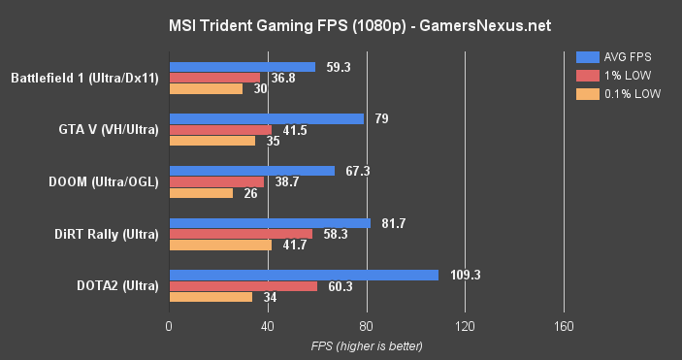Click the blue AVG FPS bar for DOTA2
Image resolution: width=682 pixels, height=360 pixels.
pyautogui.click(x=304, y=275)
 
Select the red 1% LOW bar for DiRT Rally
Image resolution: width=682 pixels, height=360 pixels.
pyautogui.click(x=241, y=234)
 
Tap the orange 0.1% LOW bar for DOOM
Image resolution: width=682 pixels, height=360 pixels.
pyautogui.click(x=201, y=192)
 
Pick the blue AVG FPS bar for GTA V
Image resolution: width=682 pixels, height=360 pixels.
pyautogui.click(x=267, y=118)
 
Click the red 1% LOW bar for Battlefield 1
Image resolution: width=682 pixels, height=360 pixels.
pyautogui.click(x=214, y=78)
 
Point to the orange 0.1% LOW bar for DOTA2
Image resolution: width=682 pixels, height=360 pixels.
pyautogui.click(x=211, y=297)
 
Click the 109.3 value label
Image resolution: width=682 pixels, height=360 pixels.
pyautogui.click(x=466, y=275)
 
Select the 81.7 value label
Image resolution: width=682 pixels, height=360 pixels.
pyautogui.click(x=392, y=223)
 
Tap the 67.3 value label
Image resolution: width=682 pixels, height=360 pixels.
pyautogui.click(x=357, y=171)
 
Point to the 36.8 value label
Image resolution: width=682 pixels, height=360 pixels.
pyautogui.click(x=283, y=78)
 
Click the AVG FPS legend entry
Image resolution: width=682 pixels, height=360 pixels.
pyautogui.click(x=611, y=56)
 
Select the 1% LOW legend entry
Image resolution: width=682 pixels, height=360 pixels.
pyautogui.click(x=609, y=75)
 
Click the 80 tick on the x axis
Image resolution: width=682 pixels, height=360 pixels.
pyautogui.click(x=367, y=325)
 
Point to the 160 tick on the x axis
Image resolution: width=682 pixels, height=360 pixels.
pyautogui.click(x=564, y=325)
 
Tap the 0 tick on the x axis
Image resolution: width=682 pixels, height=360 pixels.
pyautogui.click(x=170, y=325)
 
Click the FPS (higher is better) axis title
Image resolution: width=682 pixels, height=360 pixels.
pyautogui.click(x=367, y=345)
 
